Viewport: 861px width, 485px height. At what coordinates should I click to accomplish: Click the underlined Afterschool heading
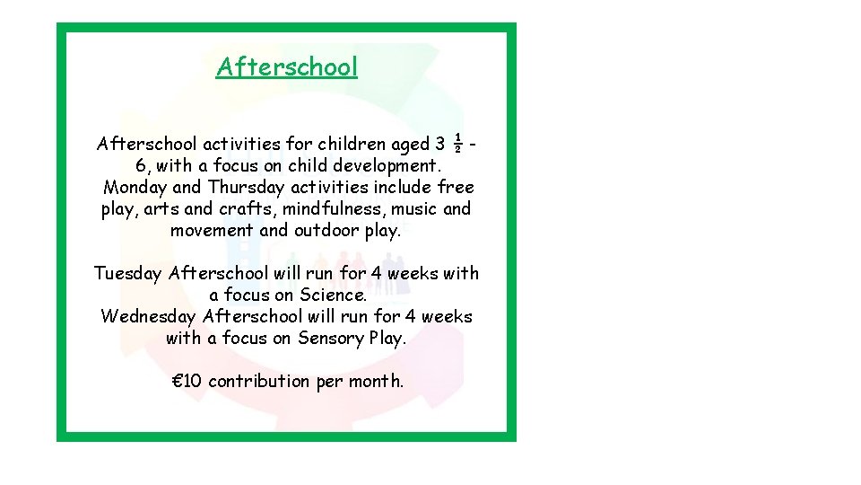pyautogui.click(x=287, y=67)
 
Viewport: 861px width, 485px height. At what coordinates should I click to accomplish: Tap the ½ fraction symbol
pyautogui.click(x=457, y=143)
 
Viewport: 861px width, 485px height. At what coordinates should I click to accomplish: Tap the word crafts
pyautogui.click(x=250, y=209)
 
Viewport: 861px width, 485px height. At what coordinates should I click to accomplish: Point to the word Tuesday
pyautogui.click(x=128, y=273)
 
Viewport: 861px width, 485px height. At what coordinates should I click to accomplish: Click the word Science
pyautogui.click(x=333, y=295)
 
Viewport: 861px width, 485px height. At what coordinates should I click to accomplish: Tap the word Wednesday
pyautogui.click(x=149, y=316)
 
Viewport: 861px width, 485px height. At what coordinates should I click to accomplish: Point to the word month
pyautogui.click(x=376, y=381)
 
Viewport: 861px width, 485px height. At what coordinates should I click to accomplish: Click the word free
pyautogui.click(x=456, y=188)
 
